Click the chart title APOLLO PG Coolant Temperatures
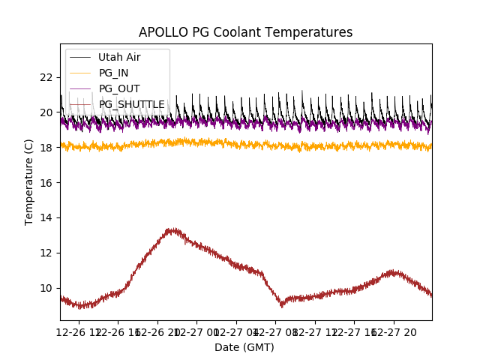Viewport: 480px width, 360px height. point(245,32)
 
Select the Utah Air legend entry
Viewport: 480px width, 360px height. point(119,57)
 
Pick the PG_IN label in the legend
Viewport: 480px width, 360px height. point(113,73)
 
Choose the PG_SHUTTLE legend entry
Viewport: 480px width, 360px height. point(131,104)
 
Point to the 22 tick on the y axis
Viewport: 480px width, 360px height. point(46,77)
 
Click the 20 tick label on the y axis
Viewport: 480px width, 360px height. point(46,112)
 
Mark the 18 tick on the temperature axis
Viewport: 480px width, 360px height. point(46,148)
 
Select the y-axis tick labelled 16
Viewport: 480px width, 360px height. point(46,183)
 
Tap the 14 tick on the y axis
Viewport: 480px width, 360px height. point(46,217)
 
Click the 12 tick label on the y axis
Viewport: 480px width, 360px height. point(46,253)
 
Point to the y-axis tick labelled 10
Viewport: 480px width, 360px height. point(46,288)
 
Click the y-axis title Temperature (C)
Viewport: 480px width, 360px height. point(29,182)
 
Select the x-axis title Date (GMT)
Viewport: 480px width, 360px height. point(244,347)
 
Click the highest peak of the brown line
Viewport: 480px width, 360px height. point(173,229)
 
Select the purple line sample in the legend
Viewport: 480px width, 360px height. point(80,88)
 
